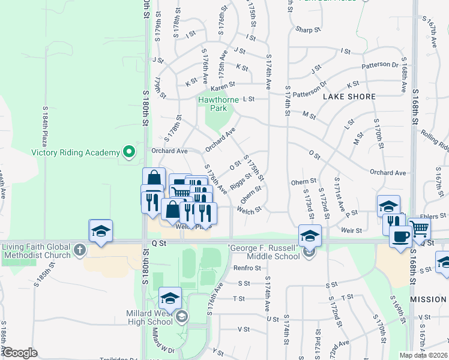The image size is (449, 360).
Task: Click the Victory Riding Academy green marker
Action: click(x=127, y=152)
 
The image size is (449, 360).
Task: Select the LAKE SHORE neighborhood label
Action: click(x=349, y=97)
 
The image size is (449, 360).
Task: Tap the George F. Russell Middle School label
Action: click(x=264, y=252)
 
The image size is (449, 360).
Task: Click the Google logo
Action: click(x=20, y=353)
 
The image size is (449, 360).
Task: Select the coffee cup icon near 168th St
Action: click(x=400, y=236)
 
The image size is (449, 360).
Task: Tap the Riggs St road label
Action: click(x=240, y=179)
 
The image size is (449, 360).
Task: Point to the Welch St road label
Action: click(x=250, y=211)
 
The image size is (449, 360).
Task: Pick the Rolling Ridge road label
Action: click(x=434, y=140)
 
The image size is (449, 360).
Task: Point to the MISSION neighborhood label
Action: click(x=428, y=299)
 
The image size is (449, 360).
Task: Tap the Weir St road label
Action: click(x=351, y=230)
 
